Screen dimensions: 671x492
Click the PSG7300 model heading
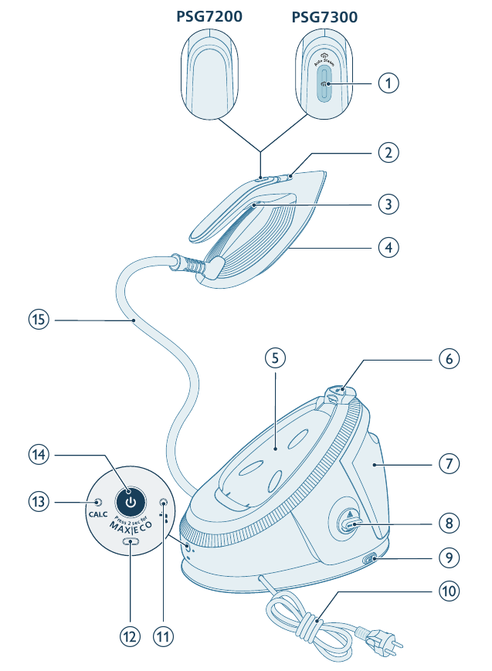point(324,16)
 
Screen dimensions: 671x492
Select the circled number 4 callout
point(389,249)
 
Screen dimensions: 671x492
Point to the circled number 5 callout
point(274,358)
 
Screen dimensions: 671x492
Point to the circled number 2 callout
point(389,152)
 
